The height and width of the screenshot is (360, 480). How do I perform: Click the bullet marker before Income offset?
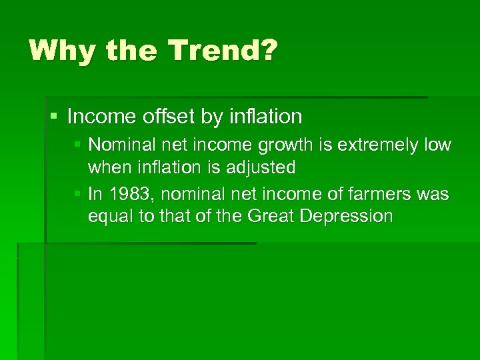coord(54,117)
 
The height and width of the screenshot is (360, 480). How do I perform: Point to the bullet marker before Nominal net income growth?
coord(78,145)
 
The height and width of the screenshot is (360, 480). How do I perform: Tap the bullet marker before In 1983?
coord(78,193)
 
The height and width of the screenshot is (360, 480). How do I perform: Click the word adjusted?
coord(260,167)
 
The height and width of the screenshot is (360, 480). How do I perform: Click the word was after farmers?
coord(433,194)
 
